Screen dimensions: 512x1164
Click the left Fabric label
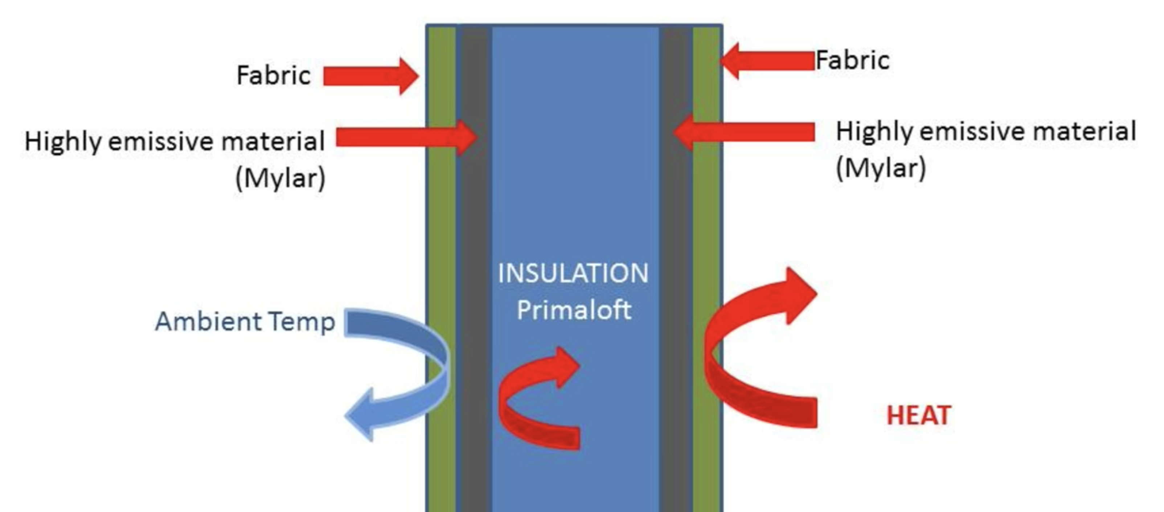[273, 75]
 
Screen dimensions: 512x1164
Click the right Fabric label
[852, 60]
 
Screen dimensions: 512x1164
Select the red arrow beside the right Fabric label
[768, 61]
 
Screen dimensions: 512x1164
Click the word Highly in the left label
[63, 142]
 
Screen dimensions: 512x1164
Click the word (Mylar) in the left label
[280, 179]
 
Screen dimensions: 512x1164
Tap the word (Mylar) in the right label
[881, 168]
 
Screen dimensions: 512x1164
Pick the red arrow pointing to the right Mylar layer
[746, 132]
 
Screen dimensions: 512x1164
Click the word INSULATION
[573, 273]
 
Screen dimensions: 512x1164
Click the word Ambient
[208, 322]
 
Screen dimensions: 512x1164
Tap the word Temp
[302, 322]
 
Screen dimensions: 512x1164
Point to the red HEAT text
[919, 416]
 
